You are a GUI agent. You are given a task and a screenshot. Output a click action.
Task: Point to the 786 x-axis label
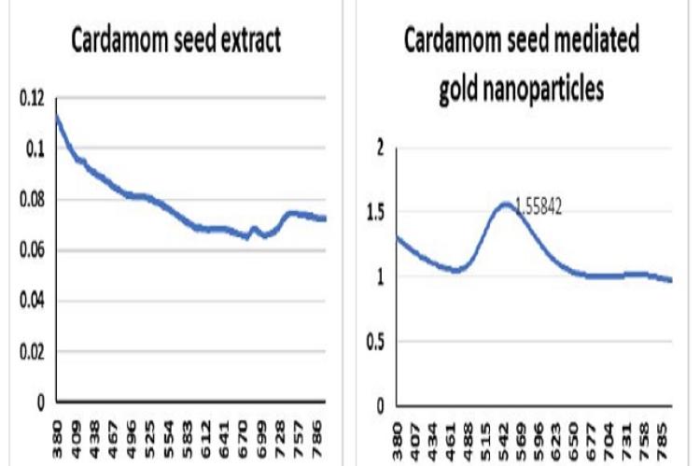pos(318,439)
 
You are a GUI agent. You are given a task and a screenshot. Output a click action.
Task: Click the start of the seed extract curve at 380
pos(57,116)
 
